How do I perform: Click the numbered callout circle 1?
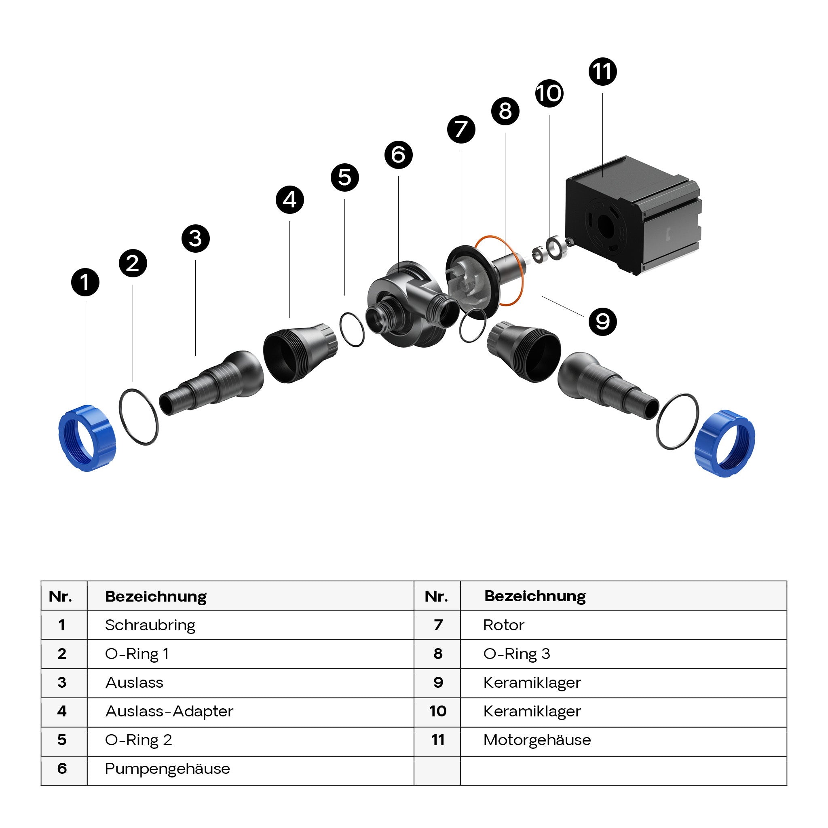(x=85, y=283)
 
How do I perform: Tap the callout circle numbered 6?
(x=399, y=155)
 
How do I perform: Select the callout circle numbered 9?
(x=602, y=321)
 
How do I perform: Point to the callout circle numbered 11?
(x=602, y=72)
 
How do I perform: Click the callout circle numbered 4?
(x=290, y=200)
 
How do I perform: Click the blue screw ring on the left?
(x=87, y=438)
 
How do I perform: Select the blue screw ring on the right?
(x=724, y=444)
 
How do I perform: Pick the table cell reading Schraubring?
(x=150, y=625)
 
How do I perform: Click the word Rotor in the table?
(x=504, y=625)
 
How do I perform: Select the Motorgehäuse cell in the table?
(x=537, y=740)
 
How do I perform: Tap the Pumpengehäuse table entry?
(x=167, y=769)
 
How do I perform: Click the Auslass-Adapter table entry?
(x=169, y=712)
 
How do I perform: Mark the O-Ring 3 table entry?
(x=516, y=654)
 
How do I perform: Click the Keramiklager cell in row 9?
(x=532, y=683)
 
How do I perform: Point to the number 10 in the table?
(x=437, y=712)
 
